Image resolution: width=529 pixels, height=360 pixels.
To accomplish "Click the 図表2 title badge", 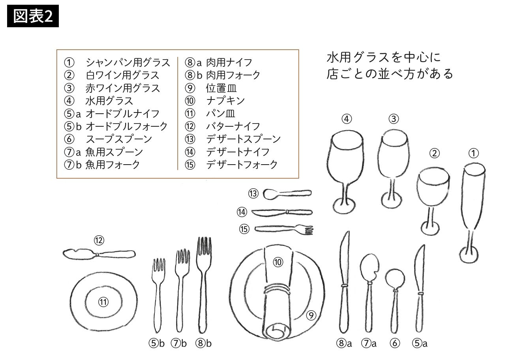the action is pos(33,16).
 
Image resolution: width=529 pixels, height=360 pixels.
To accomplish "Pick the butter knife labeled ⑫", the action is pos(99,254).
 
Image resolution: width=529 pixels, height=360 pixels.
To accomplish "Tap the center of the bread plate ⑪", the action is pos(103,302).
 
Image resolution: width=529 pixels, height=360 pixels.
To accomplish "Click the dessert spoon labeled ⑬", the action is pos(287,194).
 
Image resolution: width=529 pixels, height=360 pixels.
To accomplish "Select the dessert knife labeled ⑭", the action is pos(282,212).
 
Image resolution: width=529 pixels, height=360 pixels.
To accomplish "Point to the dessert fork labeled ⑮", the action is pos(284,229).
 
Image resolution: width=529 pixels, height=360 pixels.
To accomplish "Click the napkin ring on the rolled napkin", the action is pos(277,289).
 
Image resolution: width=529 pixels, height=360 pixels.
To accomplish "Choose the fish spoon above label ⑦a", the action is pos(370,293).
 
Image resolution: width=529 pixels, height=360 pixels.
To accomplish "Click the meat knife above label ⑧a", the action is pos(344,282).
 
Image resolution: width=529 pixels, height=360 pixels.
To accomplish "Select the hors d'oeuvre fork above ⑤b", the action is pos(158,295).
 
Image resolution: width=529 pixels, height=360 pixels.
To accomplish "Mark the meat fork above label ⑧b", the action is pos(204,285).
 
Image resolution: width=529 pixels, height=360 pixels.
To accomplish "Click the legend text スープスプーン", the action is pos(119,139).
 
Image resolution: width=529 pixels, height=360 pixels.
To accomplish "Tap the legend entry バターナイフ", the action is pos(233,126).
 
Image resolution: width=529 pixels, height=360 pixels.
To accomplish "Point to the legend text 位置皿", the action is pos(221,88).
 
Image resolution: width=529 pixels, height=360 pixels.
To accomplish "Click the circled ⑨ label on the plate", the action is pos(311,315).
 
